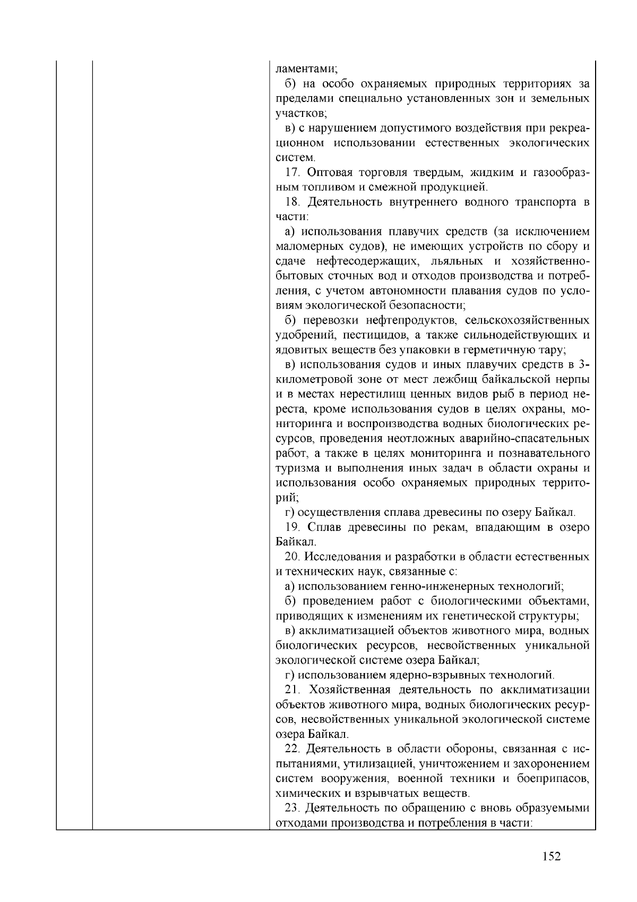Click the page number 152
[552, 856]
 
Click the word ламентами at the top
[304, 69]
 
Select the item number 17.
[293, 173]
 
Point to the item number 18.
[293, 202]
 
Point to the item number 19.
[293, 527]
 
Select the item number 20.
[293, 557]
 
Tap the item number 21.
[293, 690]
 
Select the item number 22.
[293, 749]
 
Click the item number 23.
[293, 809]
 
